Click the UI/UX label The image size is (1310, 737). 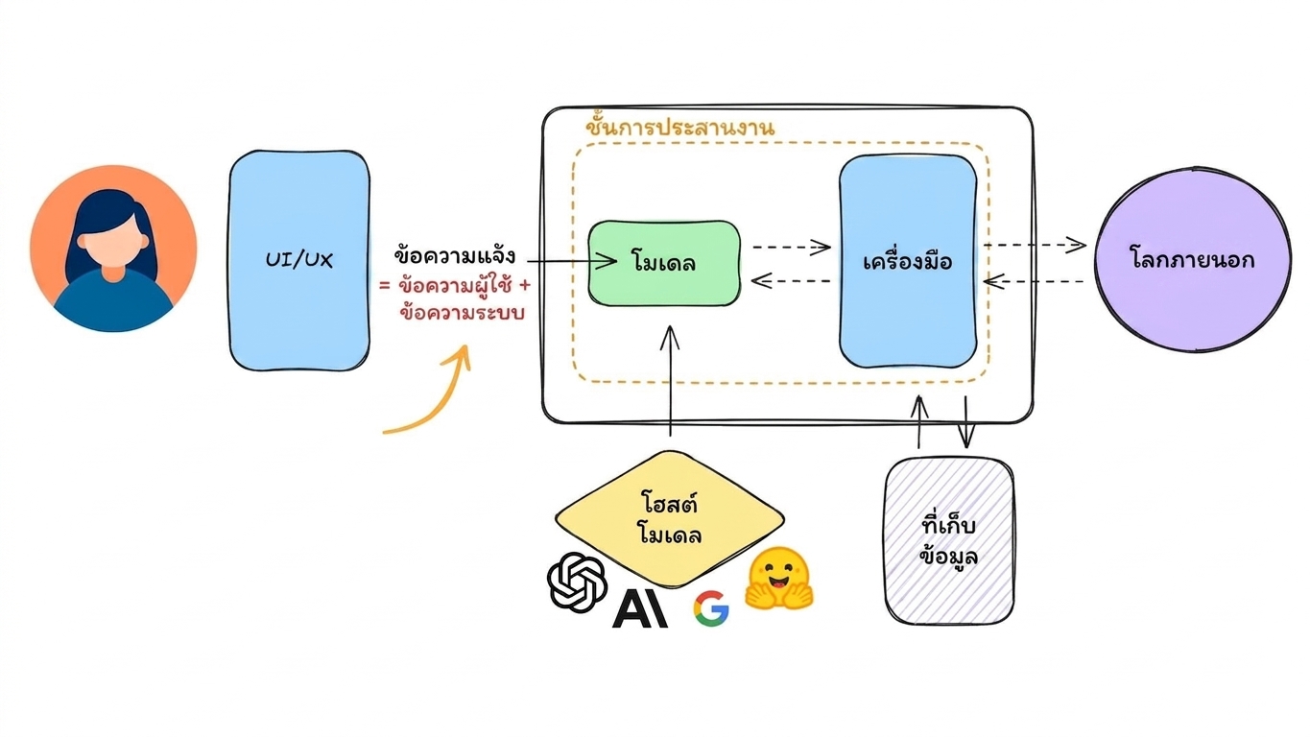coord(298,259)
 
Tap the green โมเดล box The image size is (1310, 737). coord(664,263)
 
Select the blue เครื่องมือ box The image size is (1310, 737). coord(908,261)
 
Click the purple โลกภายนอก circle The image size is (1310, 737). coord(1193,260)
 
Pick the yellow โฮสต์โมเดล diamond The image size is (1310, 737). coord(670,519)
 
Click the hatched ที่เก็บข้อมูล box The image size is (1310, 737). coord(949,541)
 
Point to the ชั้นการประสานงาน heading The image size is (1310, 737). coord(680,126)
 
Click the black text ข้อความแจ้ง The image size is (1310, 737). coord(455,255)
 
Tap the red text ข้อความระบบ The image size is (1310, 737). coord(462,313)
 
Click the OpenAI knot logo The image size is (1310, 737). coord(577,582)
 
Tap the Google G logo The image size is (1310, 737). coord(711,608)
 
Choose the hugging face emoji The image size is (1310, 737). coord(779,579)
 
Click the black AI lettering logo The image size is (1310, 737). coord(640,608)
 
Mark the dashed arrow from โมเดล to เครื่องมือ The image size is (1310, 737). coord(791,247)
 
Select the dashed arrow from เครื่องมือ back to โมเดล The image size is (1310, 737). coord(791,281)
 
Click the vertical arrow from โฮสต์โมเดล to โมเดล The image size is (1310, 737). coord(670,381)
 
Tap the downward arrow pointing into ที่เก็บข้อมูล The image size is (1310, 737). coord(965,422)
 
